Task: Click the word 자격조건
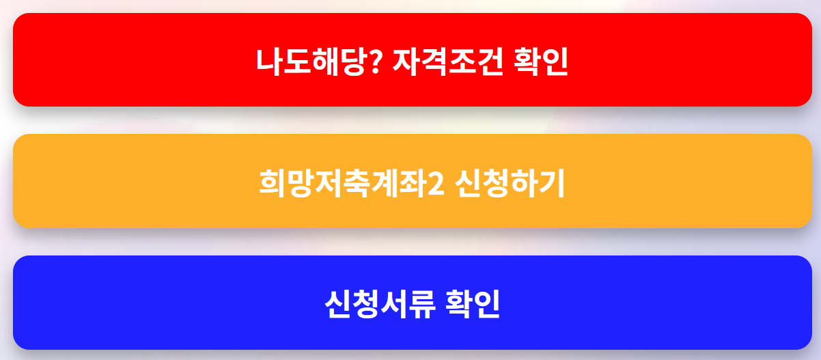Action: click(x=447, y=61)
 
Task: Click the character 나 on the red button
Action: click(x=268, y=61)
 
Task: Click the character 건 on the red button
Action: click(x=489, y=61)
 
